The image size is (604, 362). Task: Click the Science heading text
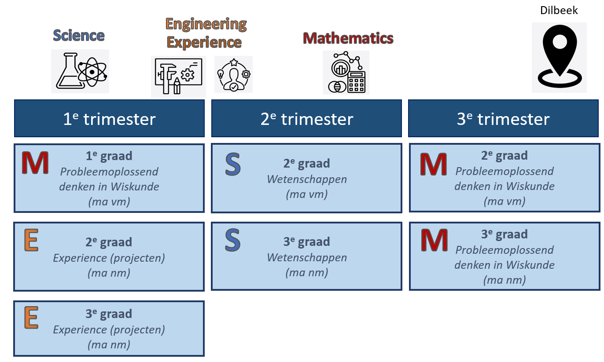point(79,35)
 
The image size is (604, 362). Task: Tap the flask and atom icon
point(80,71)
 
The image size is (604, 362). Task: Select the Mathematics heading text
point(348,38)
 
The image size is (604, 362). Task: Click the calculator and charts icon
point(346,73)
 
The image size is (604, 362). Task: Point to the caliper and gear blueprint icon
point(178,77)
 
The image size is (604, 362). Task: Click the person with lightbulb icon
point(233,74)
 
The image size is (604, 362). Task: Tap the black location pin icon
point(559,58)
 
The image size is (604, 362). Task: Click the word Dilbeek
point(559,10)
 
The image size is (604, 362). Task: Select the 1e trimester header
point(109,119)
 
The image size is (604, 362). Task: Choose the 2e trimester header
point(307,119)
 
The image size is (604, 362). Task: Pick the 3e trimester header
point(503,119)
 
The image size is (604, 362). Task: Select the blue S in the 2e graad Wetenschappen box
point(232,164)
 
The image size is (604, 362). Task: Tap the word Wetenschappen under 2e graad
point(307,179)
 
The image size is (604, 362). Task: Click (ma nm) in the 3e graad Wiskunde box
point(504,280)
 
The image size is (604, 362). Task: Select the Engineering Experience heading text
point(205,33)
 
